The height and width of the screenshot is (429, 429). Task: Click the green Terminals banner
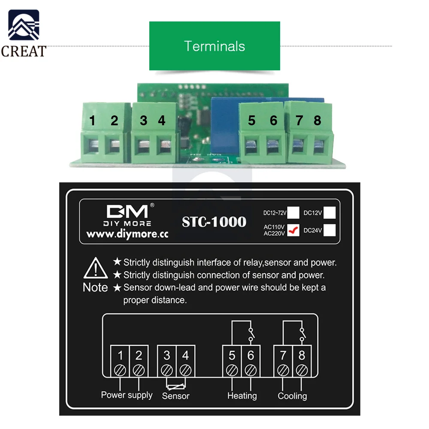coord(214,46)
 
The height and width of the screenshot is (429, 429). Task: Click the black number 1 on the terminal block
coord(92,121)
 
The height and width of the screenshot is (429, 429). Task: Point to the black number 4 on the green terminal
coord(161,121)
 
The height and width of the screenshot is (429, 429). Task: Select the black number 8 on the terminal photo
coord(317,121)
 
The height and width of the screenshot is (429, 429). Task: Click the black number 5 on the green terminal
coord(251,121)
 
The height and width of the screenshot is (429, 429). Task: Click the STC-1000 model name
coord(214,222)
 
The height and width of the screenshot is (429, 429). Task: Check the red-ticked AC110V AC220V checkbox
coord(293,230)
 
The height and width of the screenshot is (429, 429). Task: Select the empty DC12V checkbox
coord(329,213)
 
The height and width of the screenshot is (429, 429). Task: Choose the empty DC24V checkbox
coord(329,230)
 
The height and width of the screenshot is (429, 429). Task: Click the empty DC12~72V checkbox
coord(293,213)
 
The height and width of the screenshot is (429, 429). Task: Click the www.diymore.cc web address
coord(127,234)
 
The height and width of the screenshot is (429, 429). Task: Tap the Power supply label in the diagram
coord(127,395)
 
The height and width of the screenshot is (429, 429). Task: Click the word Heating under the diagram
coord(242,396)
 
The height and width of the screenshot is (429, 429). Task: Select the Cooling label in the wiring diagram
coord(292,396)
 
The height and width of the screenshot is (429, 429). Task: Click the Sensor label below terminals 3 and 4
coord(175,396)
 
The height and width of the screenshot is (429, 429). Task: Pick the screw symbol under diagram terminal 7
coord(283,369)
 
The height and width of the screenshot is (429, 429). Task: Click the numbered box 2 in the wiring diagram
coord(139,356)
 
